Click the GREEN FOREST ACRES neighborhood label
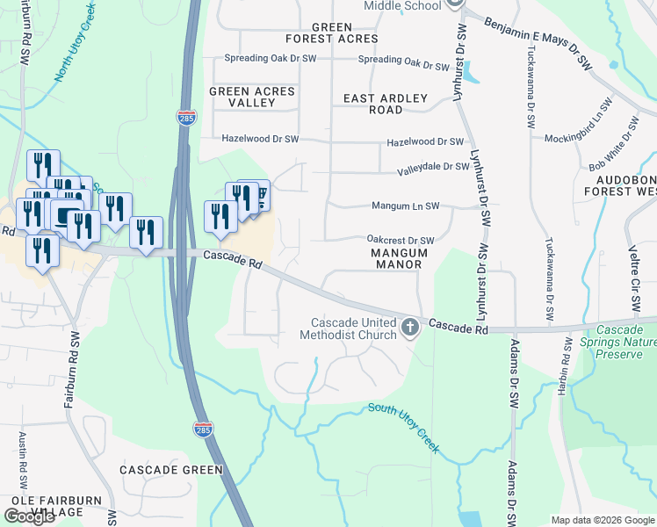point(331,32)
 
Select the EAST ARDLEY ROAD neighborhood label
point(385,104)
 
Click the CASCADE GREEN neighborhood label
point(171,470)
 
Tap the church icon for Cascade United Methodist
point(409,328)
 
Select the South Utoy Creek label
point(403,429)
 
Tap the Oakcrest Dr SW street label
point(400,240)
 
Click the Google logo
point(29,516)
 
